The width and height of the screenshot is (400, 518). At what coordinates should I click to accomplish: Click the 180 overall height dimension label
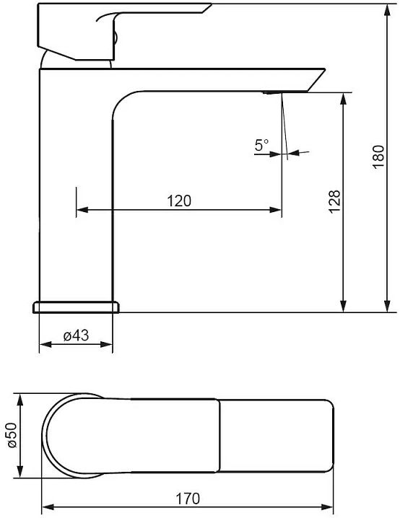(379, 157)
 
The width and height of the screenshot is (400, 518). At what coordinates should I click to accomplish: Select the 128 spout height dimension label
(334, 202)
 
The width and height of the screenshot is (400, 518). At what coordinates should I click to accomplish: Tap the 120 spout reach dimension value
(179, 201)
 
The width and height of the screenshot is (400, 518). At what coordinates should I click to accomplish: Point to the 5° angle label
(261, 145)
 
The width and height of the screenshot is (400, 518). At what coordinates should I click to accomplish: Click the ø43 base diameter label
(76, 335)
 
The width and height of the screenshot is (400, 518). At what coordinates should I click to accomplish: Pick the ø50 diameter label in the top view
(12, 435)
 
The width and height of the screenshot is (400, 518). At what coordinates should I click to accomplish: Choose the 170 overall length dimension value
(188, 499)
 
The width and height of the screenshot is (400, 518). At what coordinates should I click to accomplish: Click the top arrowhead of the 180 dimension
(387, 9)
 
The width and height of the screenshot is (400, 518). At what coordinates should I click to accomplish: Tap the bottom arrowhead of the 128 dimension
(344, 306)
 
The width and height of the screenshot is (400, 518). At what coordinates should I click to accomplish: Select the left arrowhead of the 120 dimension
(82, 210)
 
